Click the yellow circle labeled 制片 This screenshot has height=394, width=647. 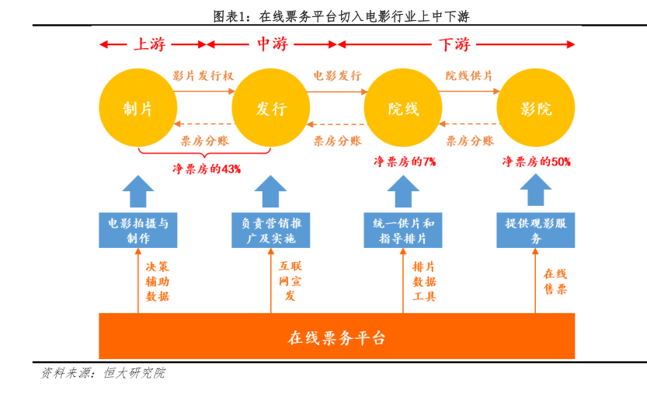(x=137, y=108)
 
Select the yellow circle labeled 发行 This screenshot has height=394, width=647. (x=270, y=108)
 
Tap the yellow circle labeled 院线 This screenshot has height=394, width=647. (x=403, y=108)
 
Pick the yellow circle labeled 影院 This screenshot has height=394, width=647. (x=536, y=108)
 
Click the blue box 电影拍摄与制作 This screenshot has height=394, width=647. (x=137, y=231)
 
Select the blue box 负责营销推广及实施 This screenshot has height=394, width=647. (x=270, y=231)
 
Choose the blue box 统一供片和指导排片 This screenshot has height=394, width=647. (x=403, y=231)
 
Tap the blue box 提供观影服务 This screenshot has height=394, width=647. (x=536, y=231)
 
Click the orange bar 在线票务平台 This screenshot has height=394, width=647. (x=337, y=336)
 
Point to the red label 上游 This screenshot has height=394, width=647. (x=149, y=44)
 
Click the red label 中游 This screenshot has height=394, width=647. (x=272, y=44)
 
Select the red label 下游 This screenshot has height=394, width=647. (x=454, y=44)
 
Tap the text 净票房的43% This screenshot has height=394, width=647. (x=207, y=169)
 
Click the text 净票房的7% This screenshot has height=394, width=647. (x=405, y=162)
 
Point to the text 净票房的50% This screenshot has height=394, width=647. (x=537, y=162)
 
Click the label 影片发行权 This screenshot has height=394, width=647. (x=203, y=75)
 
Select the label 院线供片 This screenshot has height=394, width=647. (x=469, y=75)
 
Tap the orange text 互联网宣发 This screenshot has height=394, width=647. (x=290, y=281)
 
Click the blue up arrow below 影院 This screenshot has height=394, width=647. (x=536, y=190)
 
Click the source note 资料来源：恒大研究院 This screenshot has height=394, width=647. (x=103, y=373)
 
